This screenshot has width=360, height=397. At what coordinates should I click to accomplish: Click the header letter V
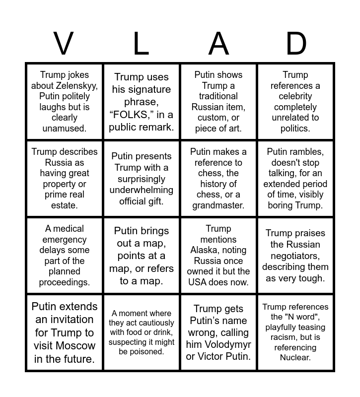[x=63, y=44]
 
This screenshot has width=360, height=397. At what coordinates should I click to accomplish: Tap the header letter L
[x=141, y=44]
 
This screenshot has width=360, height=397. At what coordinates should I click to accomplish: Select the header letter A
[x=218, y=44]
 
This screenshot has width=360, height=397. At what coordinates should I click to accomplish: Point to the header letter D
[x=296, y=44]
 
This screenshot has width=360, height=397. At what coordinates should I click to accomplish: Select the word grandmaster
[x=218, y=205]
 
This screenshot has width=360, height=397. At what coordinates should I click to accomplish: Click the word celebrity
[x=295, y=96]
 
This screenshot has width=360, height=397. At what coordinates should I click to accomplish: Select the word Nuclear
[x=295, y=357]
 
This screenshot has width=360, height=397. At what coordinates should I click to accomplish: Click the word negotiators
[x=295, y=256]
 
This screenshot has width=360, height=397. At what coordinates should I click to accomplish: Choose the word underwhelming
[x=142, y=190]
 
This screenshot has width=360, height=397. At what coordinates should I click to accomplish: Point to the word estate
[x=65, y=205]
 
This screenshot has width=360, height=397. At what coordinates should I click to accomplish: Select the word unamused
[x=65, y=128]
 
